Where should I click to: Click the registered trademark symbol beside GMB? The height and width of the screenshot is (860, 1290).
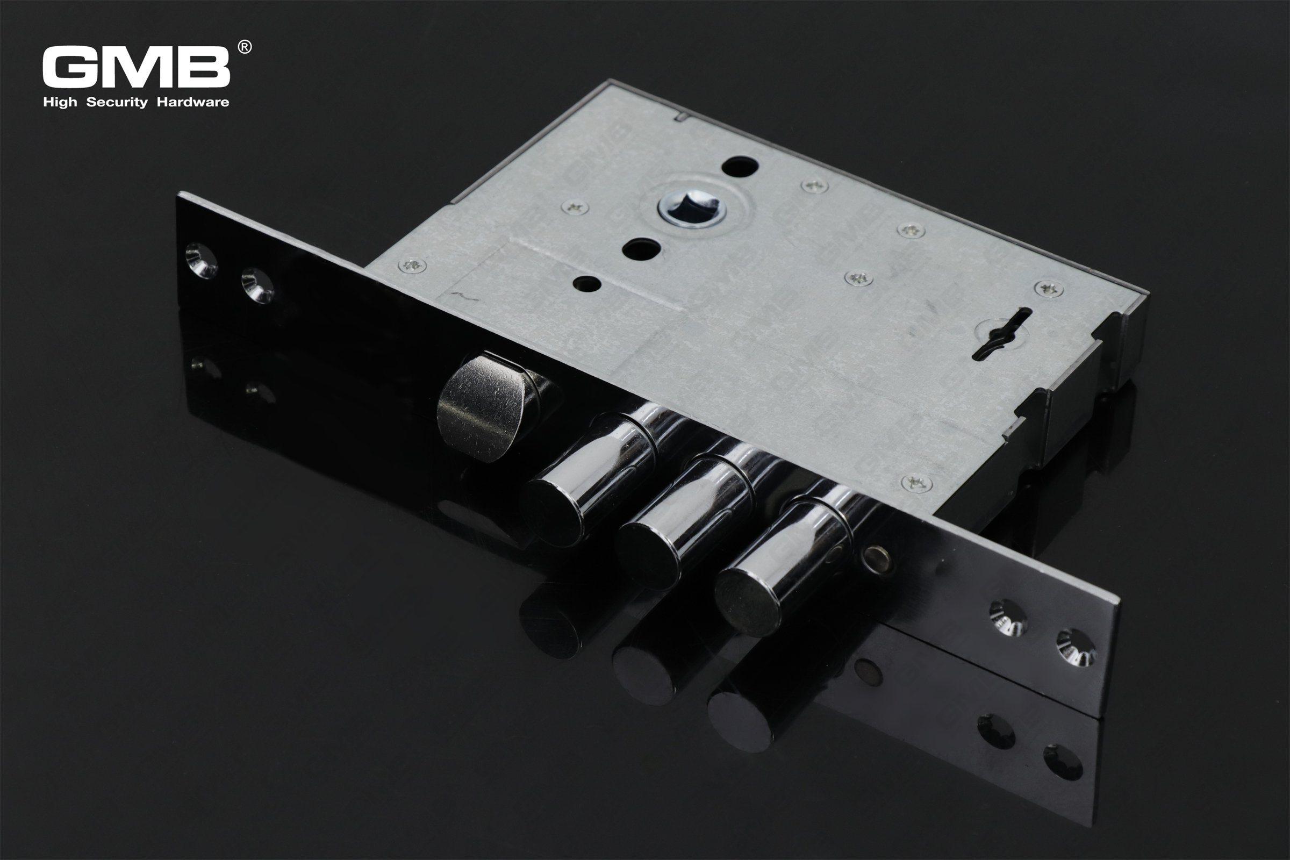[245, 47]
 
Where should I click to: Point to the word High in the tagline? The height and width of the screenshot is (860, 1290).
[60, 102]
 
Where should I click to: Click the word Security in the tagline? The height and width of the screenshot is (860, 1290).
[117, 102]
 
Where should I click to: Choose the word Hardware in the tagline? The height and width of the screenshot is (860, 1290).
[192, 102]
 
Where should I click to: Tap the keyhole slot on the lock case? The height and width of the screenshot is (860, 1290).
[1001, 333]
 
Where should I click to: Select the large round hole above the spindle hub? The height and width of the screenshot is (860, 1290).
[740, 165]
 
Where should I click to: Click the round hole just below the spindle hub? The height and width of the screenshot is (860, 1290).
[641, 249]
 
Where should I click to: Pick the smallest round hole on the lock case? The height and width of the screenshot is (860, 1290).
[587, 284]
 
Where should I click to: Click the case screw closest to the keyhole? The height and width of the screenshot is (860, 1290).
[1048, 289]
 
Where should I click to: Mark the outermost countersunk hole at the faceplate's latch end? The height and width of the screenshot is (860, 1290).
[200, 261]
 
